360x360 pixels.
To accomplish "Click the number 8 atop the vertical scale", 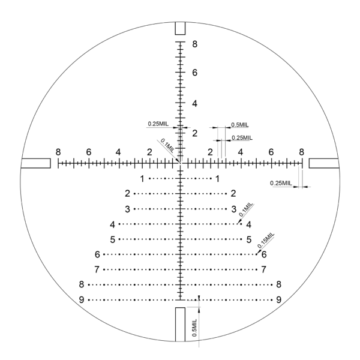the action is (x=194, y=44).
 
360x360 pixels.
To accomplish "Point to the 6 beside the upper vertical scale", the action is (x=194, y=73).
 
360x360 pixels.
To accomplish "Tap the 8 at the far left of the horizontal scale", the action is (x=58, y=152).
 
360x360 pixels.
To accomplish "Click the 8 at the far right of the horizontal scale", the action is (x=301, y=152).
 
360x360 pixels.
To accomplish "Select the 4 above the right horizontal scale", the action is (x=241, y=152).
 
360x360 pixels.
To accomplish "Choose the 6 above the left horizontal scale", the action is (x=89, y=152).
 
